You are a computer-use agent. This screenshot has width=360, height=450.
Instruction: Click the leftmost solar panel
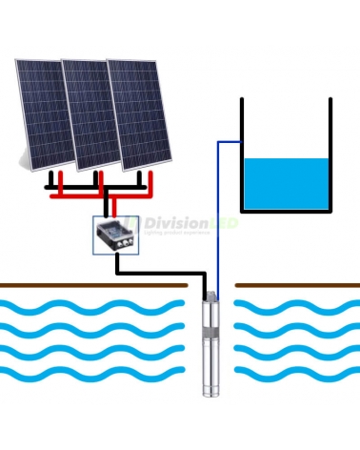pos(43,114)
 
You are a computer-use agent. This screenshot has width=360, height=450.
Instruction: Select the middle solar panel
pos(90,112)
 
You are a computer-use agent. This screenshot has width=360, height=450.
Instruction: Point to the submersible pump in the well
pos(210,343)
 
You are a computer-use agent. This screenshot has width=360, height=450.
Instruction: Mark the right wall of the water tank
pos(330,153)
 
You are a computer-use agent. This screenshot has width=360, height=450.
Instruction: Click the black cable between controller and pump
pos(162,273)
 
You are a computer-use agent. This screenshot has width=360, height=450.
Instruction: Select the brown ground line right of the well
pos(296,284)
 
